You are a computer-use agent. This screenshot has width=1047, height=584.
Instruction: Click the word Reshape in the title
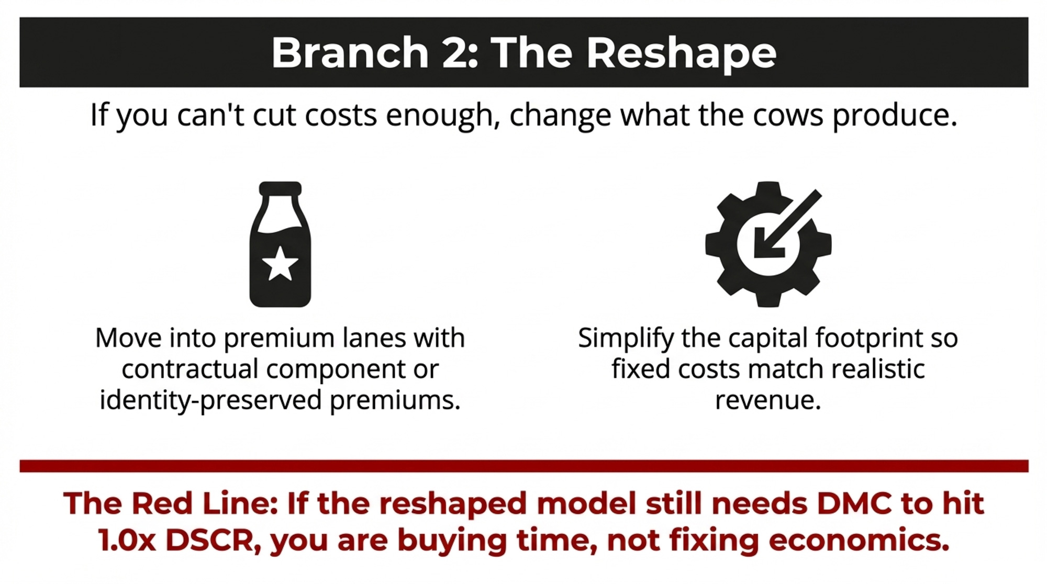(x=681, y=53)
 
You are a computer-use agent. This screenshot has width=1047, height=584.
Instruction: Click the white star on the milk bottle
(x=280, y=263)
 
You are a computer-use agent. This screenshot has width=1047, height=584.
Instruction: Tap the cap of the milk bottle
(x=281, y=188)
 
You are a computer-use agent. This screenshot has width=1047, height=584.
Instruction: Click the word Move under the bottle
(x=129, y=338)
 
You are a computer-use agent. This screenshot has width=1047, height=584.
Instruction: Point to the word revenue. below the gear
(x=768, y=401)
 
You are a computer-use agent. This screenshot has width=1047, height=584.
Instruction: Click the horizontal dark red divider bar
(x=524, y=466)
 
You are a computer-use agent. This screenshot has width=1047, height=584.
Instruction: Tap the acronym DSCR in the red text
(x=213, y=541)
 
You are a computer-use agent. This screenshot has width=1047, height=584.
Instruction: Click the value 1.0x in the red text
(x=127, y=541)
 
